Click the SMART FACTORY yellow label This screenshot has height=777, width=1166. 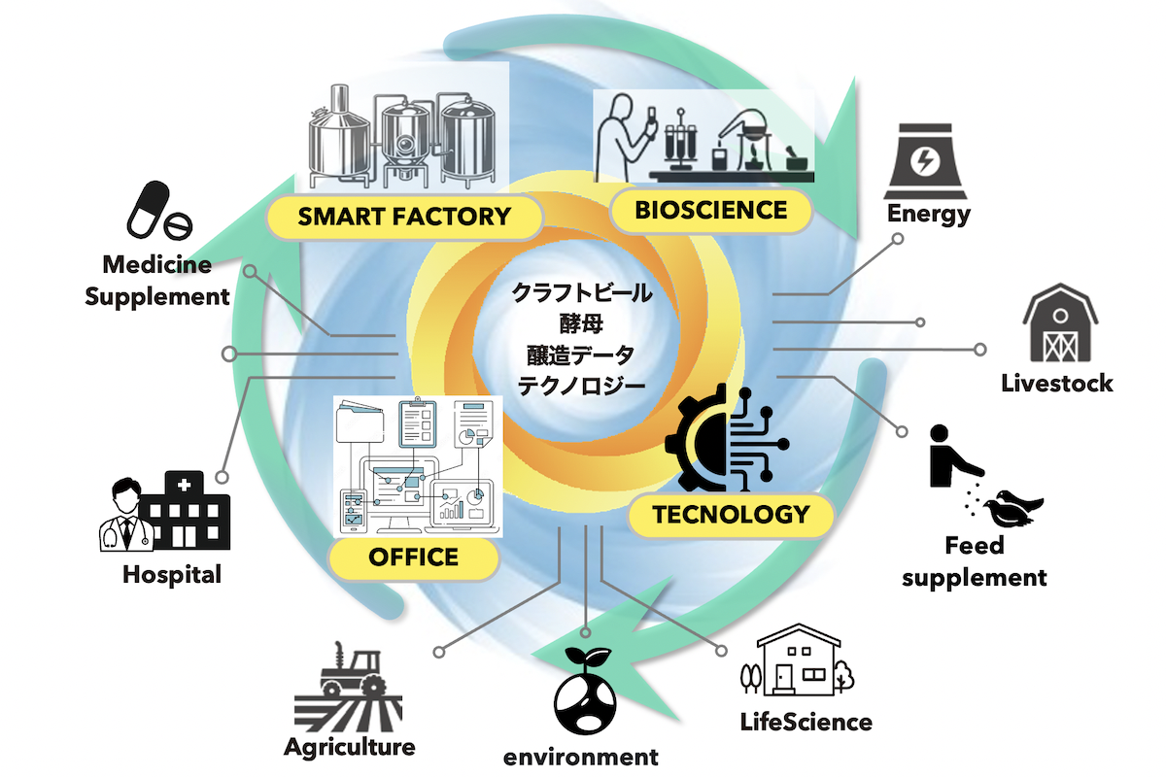(405, 217)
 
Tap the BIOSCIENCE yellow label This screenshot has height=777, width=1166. (711, 211)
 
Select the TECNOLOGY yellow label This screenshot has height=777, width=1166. (731, 515)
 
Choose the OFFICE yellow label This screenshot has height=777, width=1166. (414, 557)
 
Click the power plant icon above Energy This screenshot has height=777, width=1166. (925, 161)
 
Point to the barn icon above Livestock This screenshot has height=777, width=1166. (1060, 322)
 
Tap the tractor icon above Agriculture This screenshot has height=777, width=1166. (348, 687)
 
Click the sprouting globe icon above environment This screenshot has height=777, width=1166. (585, 691)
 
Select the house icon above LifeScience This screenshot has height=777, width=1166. (798, 659)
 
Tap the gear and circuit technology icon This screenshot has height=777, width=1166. (727, 438)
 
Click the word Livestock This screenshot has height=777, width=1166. (1057, 384)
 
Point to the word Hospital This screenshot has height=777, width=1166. (172, 576)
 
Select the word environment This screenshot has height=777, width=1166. (580, 758)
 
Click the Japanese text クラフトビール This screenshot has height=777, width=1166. (582, 293)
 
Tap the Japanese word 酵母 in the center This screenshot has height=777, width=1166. (581, 323)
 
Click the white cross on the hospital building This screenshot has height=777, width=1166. (184, 485)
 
